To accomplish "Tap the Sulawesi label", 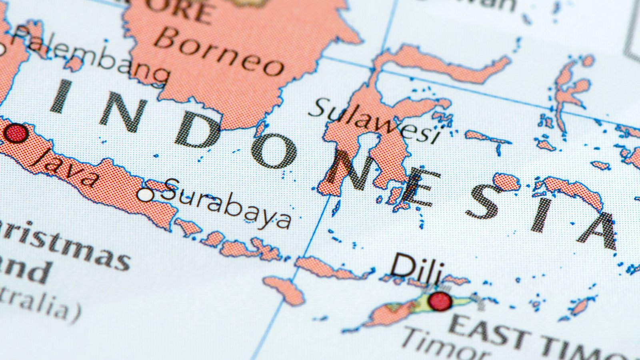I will pyautogui.click(x=374, y=120).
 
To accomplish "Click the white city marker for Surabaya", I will pyautogui.click(x=145, y=195).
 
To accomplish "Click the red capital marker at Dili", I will pyautogui.click(x=440, y=301).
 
